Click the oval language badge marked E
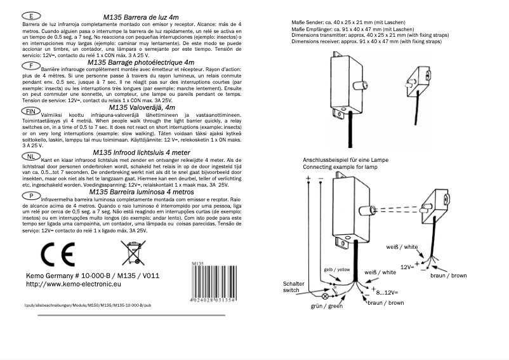(x=32, y=15)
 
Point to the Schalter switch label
(x=295, y=286)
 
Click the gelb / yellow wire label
(x=337, y=269)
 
